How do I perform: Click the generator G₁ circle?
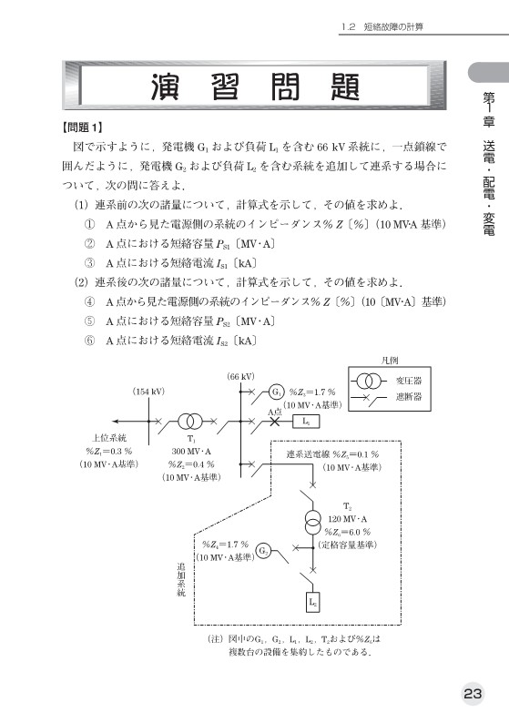[x=276, y=392]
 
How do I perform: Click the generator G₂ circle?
[x=263, y=550]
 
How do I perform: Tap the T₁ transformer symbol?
[x=190, y=422]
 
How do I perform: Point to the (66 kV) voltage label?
[x=239, y=376]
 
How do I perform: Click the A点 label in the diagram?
[x=276, y=412]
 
